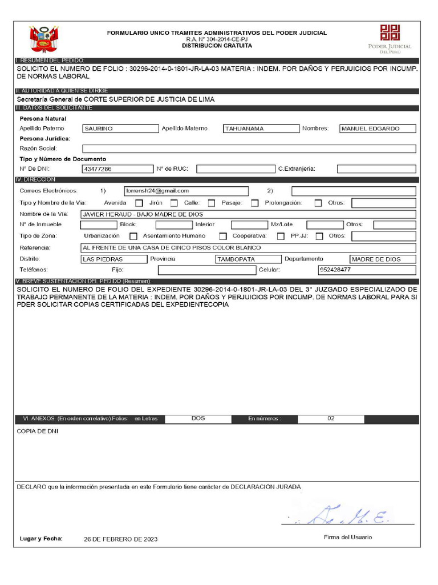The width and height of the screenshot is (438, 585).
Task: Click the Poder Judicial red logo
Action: (x=390, y=33)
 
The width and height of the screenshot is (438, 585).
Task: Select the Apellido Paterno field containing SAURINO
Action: (x=120, y=129)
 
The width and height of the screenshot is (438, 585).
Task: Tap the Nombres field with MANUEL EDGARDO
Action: (x=377, y=129)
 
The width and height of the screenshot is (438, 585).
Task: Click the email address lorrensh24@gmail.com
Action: (x=185, y=191)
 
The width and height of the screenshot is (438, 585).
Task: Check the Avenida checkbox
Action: (x=139, y=203)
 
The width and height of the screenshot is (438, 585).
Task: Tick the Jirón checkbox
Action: (x=174, y=203)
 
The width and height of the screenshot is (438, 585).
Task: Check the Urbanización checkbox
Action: (x=133, y=236)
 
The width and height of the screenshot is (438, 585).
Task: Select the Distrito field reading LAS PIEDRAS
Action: (x=113, y=259)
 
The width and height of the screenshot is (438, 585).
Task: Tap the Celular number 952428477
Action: (x=367, y=270)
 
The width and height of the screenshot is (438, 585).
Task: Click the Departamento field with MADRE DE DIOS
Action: (x=382, y=259)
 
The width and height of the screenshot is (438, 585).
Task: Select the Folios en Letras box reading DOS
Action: (x=198, y=419)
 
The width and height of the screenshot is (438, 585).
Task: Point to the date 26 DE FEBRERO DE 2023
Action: (x=120, y=539)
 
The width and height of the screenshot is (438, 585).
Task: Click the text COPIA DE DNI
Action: (x=38, y=431)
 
